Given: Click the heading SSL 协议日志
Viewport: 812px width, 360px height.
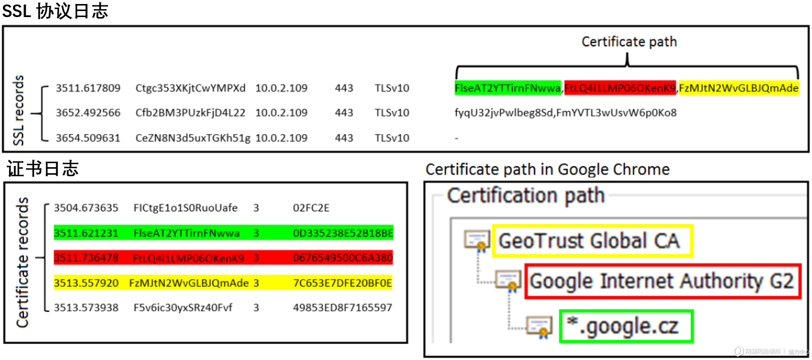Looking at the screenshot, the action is pyautogui.click(x=55, y=11).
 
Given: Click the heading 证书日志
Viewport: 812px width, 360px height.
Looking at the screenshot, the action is pyautogui.click(x=43, y=169).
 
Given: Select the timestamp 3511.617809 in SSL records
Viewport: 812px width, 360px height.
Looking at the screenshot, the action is pyautogui.click(x=88, y=88).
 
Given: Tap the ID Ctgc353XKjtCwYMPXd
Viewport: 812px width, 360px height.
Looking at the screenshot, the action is pyautogui.click(x=190, y=88).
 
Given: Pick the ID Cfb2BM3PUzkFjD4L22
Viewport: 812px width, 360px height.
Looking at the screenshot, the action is pyautogui.click(x=190, y=113).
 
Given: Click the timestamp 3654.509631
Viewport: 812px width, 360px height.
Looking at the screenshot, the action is pyautogui.click(x=88, y=138).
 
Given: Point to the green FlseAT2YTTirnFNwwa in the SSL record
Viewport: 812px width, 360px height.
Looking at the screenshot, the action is pyautogui.click(x=507, y=88).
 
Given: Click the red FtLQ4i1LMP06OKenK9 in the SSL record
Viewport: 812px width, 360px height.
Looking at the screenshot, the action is pyautogui.click(x=620, y=88).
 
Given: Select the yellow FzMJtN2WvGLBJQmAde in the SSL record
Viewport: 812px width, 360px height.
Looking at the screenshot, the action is pyautogui.click(x=738, y=88).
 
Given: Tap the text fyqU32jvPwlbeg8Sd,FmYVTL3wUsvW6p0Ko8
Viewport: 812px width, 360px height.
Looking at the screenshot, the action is pyautogui.click(x=566, y=113).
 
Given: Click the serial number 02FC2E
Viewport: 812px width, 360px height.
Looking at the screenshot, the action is pyautogui.click(x=311, y=208).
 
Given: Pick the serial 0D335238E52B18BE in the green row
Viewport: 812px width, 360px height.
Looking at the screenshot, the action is pyautogui.click(x=343, y=233).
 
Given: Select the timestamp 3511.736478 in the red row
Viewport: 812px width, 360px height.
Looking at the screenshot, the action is pyautogui.click(x=86, y=258).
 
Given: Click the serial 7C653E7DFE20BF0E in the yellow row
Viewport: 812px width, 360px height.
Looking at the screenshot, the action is pyautogui.click(x=342, y=283).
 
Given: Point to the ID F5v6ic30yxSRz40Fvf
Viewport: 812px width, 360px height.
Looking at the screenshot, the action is pyautogui.click(x=183, y=308).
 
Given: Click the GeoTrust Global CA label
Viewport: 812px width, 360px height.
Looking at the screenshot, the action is pyautogui.click(x=589, y=241).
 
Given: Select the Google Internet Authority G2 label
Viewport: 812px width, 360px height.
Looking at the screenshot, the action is pyautogui.click(x=661, y=281).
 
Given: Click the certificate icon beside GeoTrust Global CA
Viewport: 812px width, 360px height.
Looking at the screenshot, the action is pyautogui.click(x=476, y=240).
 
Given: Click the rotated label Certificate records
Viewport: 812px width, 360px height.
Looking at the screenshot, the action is pyautogui.click(x=22, y=262).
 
